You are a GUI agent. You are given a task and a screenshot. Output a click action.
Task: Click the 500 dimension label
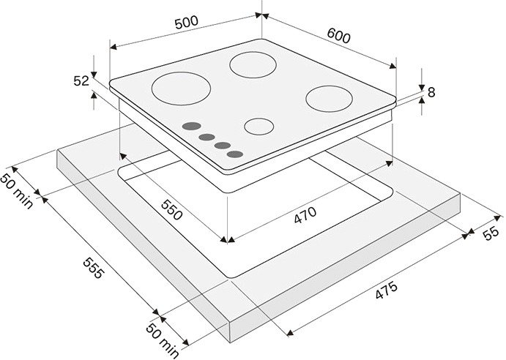187,22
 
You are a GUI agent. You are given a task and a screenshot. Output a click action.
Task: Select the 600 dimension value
338,35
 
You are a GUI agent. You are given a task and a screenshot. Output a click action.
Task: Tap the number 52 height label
81,80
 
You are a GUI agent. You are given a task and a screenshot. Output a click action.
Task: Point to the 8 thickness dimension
431,92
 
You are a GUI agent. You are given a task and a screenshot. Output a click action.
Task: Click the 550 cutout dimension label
172,210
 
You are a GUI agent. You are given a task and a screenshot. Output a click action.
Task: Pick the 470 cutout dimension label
305,215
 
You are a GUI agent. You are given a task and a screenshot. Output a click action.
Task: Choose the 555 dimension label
94,268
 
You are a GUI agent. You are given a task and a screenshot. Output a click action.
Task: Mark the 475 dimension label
387,290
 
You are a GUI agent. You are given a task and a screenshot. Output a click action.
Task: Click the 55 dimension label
491,233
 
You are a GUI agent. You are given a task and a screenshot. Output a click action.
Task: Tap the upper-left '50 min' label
17,191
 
